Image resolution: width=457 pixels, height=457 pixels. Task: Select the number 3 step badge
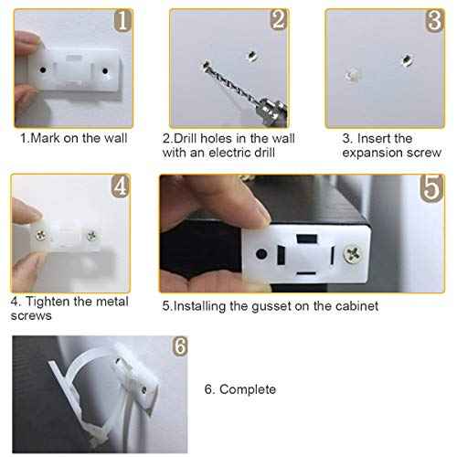[x=432, y=20]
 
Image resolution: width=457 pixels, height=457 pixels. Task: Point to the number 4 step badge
[x=119, y=186]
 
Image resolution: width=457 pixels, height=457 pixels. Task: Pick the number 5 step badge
[x=433, y=188]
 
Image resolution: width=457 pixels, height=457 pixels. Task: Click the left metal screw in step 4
[x=42, y=237]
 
